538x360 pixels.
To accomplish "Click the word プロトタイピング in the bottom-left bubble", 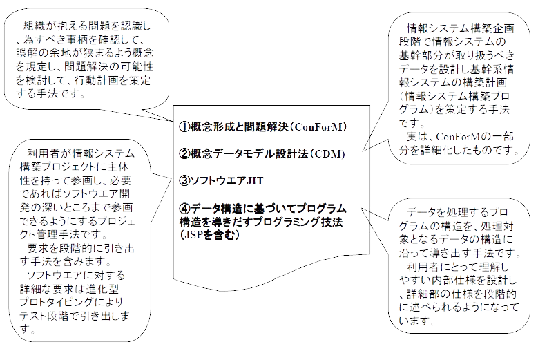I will (66, 304).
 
